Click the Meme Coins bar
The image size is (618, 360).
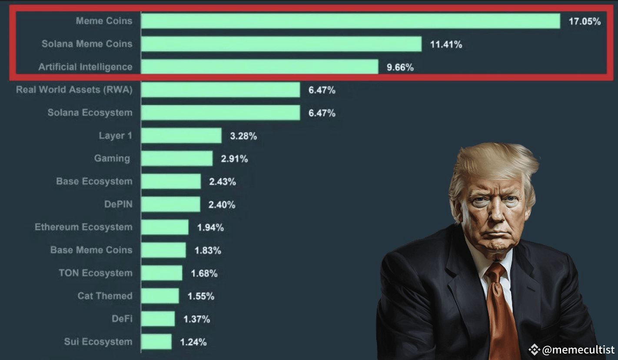click(x=350, y=21)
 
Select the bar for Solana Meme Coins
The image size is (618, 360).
click(x=281, y=44)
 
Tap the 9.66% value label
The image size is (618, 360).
click(x=400, y=67)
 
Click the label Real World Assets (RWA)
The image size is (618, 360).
click(x=74, y=90)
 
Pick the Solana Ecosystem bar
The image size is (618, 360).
click(x=220, y=113)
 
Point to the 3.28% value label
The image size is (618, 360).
click(x=243, y=136)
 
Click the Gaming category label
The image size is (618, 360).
click(x=112, y=158)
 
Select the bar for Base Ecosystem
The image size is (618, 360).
click(x=171, y=181)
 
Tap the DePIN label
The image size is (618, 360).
click(x=118, y=204)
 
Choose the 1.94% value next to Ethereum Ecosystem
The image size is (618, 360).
click(x=210, y=227)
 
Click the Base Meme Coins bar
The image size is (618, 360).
click(x=163, y=250)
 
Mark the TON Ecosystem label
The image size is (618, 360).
click(x=96, y=273)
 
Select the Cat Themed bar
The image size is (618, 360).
click(x=160, y=296)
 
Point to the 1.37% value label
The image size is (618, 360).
click(x=196, y=319)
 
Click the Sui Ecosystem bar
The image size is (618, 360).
click(x=156, y=342)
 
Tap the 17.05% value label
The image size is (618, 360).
click(x=585, y=21)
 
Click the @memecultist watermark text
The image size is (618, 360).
click(x=578, y=350)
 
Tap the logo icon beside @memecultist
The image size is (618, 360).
click(x=534, y=350)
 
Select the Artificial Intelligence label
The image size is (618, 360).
click(x=85, y=67)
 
